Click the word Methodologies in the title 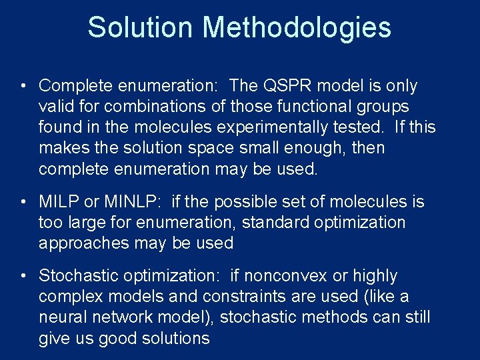pyautogui.click(x=297, y=28)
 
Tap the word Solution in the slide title pyautogui.click(x=141, y=28)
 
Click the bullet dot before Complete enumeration pyautogui.click(x=23, y=87)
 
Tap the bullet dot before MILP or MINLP pyautogui.click(x=23, y=202)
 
